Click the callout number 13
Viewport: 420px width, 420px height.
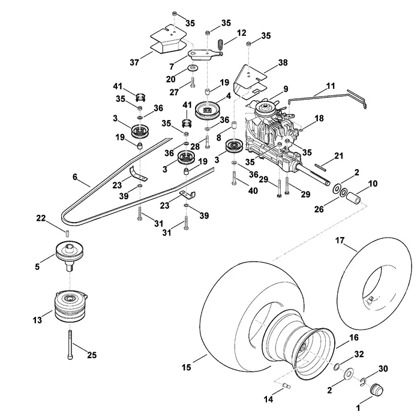click(37, 320)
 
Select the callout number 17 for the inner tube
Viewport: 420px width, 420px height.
click(340, 241)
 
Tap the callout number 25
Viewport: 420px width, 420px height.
click(92, 355)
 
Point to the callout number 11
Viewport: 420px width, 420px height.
click(331, 86)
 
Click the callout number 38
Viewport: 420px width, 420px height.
click(283, 62)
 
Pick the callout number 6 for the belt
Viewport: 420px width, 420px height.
click(75, 177)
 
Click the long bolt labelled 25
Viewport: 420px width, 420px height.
click(70, 345)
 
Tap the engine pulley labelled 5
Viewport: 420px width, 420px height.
click(70, 254)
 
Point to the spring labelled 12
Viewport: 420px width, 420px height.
click(221, 44)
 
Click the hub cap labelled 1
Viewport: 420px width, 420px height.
click(376, 389)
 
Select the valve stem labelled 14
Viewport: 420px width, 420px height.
click(287, 386)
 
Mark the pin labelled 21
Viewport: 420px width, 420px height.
click(320, 167)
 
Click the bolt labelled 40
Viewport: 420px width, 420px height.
click(235, 178)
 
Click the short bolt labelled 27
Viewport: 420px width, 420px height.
click(193, 82)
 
